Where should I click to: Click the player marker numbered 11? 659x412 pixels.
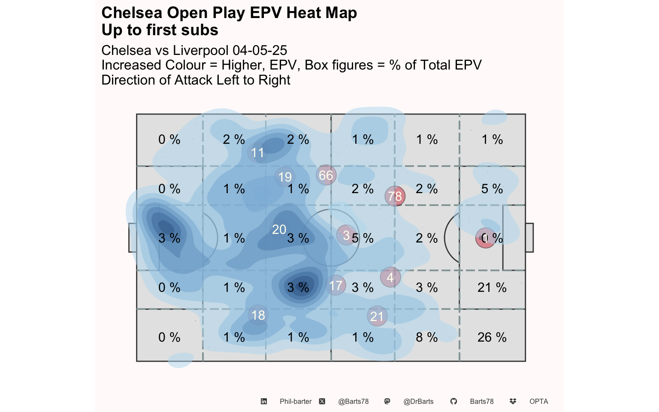coord(257,152)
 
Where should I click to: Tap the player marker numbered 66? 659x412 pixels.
coord(326,175)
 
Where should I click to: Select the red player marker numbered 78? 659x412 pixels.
coord(395,196)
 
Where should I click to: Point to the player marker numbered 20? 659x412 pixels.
coord(279,230)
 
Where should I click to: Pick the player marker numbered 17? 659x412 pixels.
coord(336,285)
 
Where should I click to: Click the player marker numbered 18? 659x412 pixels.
coord(258,315)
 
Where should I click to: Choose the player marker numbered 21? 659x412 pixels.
coord(377,316)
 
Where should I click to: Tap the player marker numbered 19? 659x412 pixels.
coord(285,177)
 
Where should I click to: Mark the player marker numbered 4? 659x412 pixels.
coord(390,278)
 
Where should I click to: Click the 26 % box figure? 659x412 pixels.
coord(492,337)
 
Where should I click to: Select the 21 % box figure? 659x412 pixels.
coord(492,288)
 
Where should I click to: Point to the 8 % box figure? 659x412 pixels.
coord(426,337)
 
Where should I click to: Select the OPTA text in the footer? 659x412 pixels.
coord(538,402)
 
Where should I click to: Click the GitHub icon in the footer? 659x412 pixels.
coord(453,401)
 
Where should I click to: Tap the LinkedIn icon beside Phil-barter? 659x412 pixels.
coord(264,401)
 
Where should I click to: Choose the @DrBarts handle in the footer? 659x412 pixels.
coord(418,402)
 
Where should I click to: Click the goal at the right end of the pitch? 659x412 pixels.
coord(529,238)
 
